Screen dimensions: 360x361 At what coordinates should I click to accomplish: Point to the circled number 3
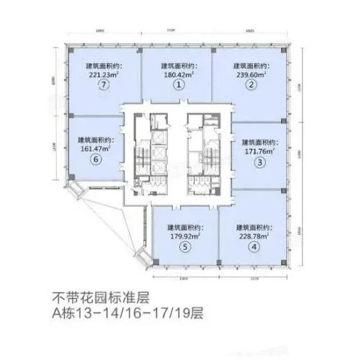tap(260, 162)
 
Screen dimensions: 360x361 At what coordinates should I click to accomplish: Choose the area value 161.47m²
tap(97, 149)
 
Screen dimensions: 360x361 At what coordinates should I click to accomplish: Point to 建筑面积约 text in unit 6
tap(95, 140)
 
